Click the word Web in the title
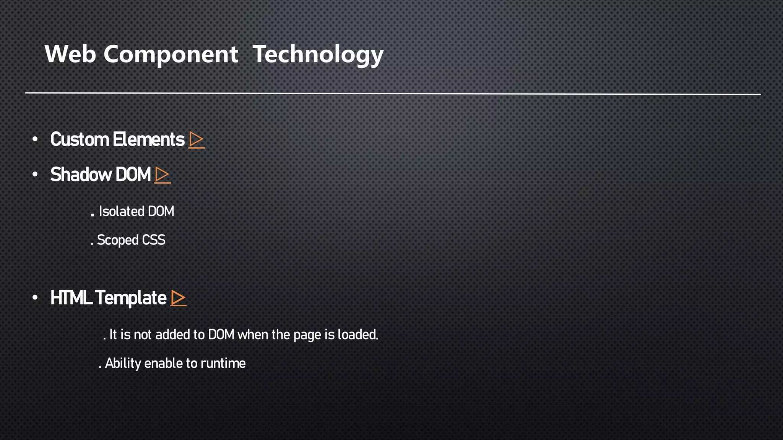[70, 54]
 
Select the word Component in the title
[171, 54]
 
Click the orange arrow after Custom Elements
[197, 140]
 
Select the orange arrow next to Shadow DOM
[162, 175]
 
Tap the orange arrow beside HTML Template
[178, 298]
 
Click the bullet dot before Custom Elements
[35, 139]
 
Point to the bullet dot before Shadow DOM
[35, 175]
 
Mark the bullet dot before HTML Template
[35, 298]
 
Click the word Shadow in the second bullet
[81, 175]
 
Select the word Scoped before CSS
[117, 240]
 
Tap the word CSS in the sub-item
[154, 240]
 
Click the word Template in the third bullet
[130, 298]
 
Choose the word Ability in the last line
[123, 363]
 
